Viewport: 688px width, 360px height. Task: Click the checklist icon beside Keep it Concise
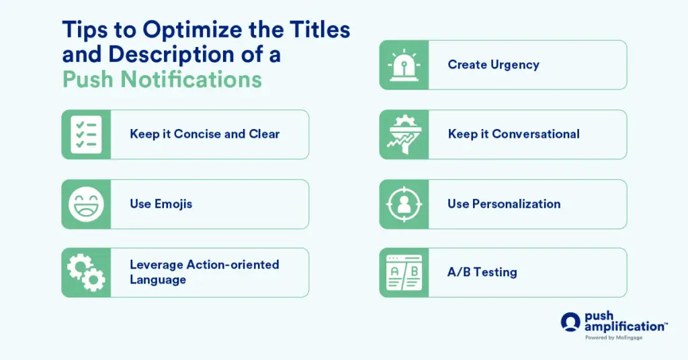pos(86,134)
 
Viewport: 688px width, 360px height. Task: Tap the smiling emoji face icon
pos(86,204)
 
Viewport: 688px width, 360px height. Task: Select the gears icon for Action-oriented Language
pos(86,273)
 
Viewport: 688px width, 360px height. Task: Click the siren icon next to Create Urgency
pos(404,65)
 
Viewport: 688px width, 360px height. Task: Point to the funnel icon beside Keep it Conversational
pos(404,134)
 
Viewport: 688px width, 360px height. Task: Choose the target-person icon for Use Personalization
pos(404,204)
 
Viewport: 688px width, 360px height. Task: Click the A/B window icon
pos(404,273)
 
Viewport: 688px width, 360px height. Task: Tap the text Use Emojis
pos(161,204)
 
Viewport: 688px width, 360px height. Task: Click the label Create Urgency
pos(493,65)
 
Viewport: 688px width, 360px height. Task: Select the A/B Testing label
pos(482,273)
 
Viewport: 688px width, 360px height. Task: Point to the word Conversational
pos(535,134)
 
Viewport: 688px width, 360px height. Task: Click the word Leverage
pos(155,265)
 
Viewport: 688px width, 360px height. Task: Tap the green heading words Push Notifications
pos(162,79)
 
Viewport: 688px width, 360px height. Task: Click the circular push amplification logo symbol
pos(570,322)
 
